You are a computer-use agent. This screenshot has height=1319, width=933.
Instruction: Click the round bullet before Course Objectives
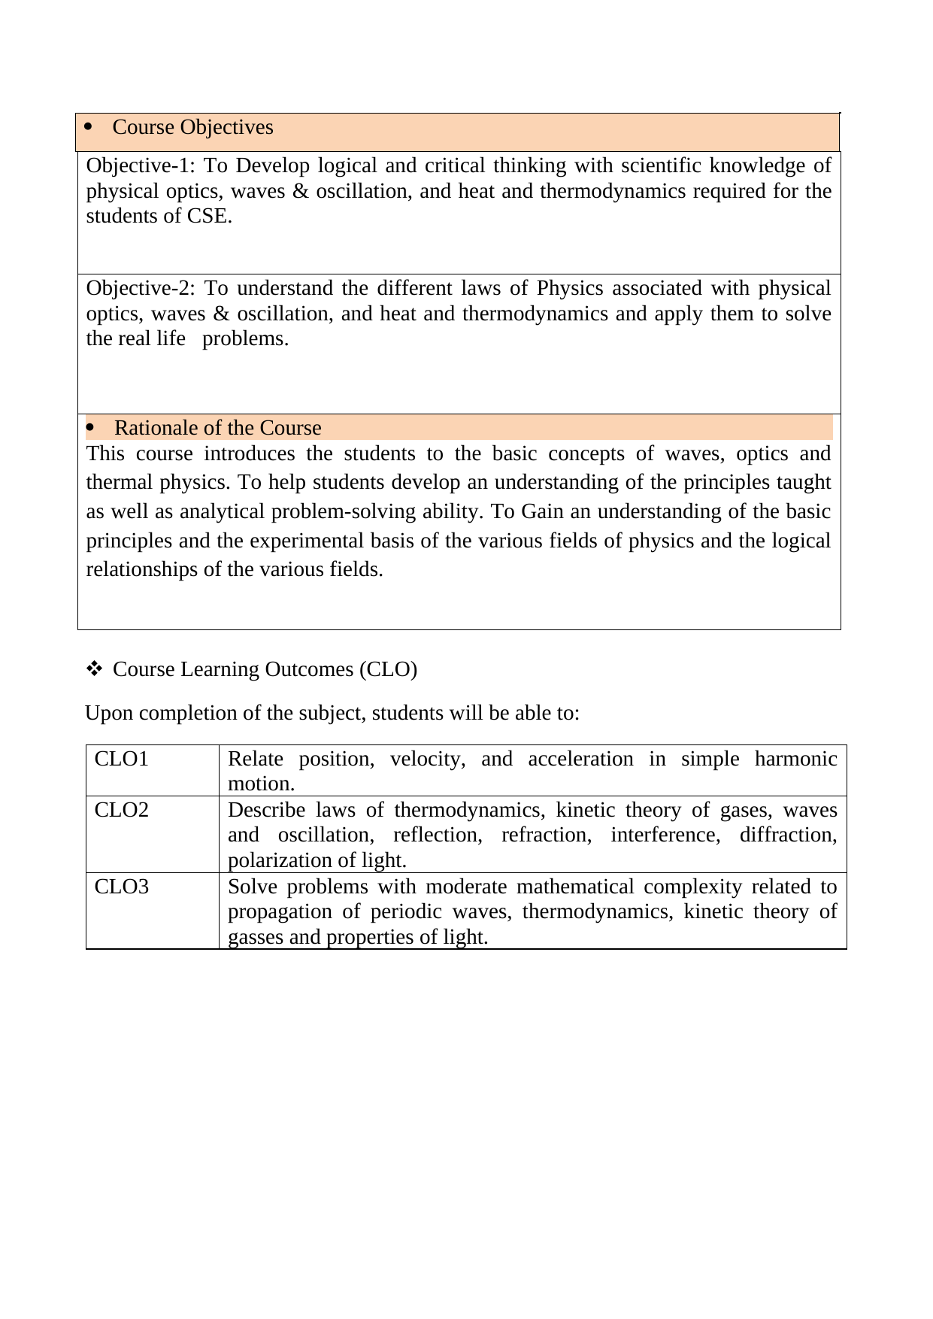tap(89, 127)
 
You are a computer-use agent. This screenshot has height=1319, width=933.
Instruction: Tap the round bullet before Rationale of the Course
tap(90, 428)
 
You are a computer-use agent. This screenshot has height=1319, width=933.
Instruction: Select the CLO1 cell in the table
tap(122, 759)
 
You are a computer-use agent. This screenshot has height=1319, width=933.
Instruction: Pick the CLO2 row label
tap(122, 810)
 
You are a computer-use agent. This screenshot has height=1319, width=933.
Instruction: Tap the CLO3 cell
tap(122, 887)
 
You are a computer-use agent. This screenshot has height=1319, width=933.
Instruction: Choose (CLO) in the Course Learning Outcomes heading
tap(388, 669)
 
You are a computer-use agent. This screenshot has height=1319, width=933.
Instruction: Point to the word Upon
tap(104, 712)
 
